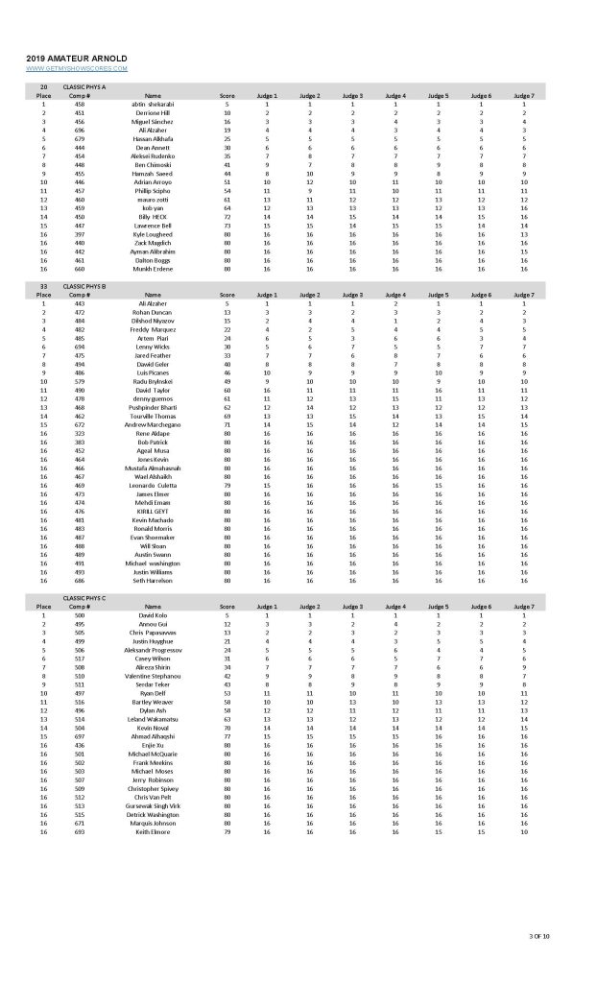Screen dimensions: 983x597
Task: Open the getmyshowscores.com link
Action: click(x=76, y=68)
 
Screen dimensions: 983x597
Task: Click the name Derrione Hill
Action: click(x=153, y=113)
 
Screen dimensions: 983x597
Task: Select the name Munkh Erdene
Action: click(x=153, y=270)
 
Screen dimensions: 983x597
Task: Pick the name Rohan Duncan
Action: click(x=153, y=313)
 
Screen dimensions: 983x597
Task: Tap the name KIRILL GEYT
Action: click(x=153, y=512)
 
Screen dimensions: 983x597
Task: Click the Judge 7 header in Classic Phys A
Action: click(x=523, y=96)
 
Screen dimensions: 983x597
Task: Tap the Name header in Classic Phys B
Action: click(x=153, y=296)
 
